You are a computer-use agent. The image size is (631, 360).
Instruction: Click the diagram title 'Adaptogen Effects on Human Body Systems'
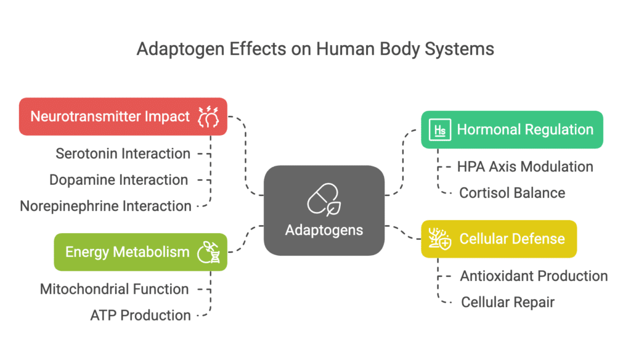pyautogui.click(x=315, y=49)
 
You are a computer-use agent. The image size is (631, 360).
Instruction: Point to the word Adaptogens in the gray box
pyautogui.click(x=324, y=230)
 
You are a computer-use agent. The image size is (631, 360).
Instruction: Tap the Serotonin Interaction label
pyautogui.click(x=123, y=153)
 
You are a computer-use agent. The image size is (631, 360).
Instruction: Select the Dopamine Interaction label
pyautogui.click(x=119, y=180)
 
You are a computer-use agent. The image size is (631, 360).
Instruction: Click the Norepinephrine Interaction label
pyautogui.click(x=105, y=206)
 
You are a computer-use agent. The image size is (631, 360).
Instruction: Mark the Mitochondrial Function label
pyautogui.click(x=114, y=288)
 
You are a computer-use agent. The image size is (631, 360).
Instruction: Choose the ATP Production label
pyautogui.click(x=140, y=315)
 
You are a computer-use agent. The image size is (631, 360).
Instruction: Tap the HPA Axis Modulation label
pyautogui.click(x=525, y=166)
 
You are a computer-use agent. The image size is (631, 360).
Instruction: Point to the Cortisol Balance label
pyautogui.click(x=511, y=192)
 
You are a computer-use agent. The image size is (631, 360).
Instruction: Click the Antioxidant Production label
pyautogui.click(x=534, y=276)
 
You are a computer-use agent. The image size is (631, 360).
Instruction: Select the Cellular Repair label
pyautogui.click(x=508, y=302)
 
